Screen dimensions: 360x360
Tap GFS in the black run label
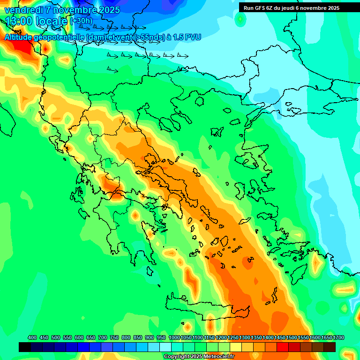pos(260,7)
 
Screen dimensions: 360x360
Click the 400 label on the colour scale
pos(32,337)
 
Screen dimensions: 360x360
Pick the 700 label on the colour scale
pos(103,337)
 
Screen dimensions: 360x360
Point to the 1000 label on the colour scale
pos(174,337)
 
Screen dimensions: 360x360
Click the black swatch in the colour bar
pos(25,347)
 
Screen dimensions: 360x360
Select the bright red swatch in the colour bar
pos(283,347)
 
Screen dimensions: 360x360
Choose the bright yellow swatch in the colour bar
pos(236,347)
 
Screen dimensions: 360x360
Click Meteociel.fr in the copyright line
pos(218,357)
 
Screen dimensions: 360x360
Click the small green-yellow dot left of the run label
pos(240,19)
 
